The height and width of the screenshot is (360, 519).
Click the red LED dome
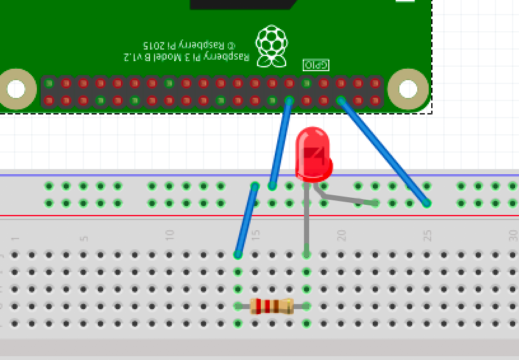(314, 153)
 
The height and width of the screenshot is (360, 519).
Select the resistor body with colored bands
(272, 307)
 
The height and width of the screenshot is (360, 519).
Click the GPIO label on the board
(315, 64)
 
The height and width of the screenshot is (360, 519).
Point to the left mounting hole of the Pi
(16, 89)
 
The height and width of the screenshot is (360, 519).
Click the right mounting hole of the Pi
(408, 89)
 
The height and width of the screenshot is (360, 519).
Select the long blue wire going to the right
(384, 152)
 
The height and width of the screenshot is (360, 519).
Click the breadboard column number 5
(84, 239)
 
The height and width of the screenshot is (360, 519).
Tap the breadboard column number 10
(170, 235)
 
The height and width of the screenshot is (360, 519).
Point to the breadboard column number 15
(256, 235)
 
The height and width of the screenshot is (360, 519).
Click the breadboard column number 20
(342, 235)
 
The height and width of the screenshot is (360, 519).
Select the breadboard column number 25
(427, 235)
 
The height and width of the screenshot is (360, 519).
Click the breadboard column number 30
(513, 235)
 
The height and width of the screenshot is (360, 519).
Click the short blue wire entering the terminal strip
(246, 220)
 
